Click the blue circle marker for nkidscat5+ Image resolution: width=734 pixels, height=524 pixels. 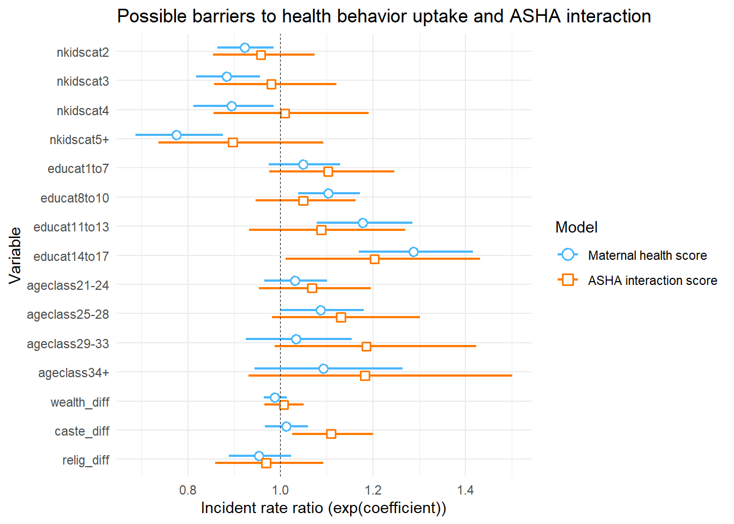176,135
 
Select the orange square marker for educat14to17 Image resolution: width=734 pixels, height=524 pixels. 375,259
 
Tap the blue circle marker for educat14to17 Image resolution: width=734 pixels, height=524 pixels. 413,252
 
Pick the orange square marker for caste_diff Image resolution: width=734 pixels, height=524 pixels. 331,434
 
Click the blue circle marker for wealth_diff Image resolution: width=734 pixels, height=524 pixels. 275,397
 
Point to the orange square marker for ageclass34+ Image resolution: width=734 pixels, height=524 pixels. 365,376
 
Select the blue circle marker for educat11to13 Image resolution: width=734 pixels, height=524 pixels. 363,223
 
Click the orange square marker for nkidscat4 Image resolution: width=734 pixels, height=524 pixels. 285,113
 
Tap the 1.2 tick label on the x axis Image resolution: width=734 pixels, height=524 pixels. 373,490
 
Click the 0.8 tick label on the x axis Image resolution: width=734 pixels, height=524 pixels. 188,490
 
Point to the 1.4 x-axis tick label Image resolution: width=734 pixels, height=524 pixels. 465,490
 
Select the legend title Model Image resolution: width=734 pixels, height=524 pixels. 576,227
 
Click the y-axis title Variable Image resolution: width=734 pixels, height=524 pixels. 15,255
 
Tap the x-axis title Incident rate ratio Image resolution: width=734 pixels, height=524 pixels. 323,508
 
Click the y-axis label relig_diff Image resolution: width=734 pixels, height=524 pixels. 86,460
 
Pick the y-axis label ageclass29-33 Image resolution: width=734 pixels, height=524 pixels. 68,344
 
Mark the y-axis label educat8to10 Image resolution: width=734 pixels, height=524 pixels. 75,198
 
